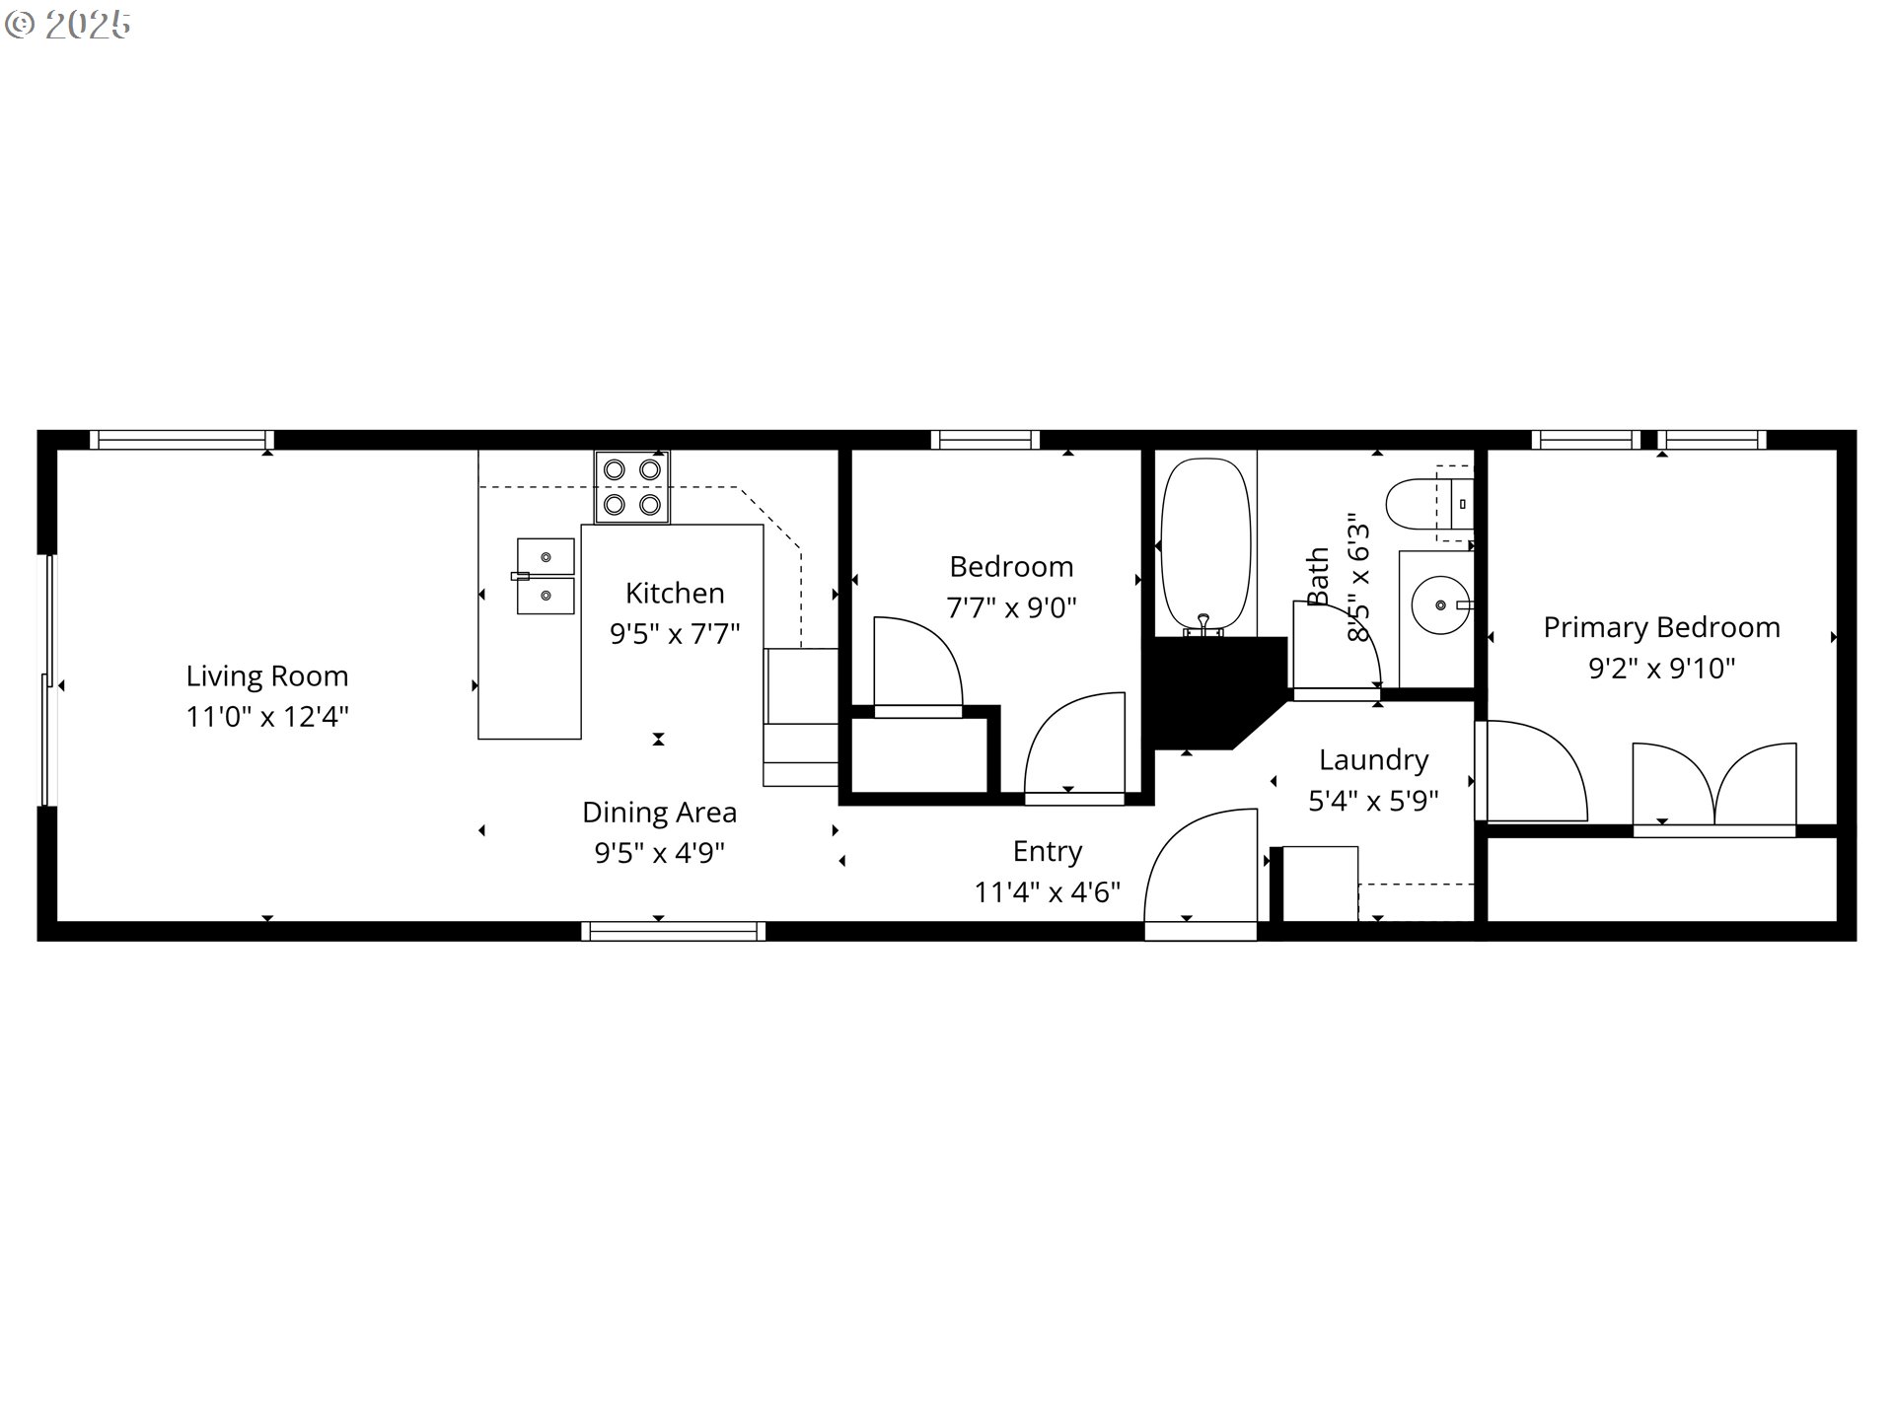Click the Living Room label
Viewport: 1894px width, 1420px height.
[267, 676]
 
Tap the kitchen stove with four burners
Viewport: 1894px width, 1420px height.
[632, 487]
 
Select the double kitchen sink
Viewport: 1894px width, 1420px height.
[545, 576]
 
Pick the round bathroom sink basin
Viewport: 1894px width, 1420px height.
[1440, 604]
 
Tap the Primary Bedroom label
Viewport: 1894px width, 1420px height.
[1661, 628]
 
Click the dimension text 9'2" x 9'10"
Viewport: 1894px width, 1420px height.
[1661, 669]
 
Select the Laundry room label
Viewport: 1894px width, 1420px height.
[1373, 760]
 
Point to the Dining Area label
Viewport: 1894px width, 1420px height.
[659, 813]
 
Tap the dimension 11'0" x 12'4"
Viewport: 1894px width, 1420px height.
[267, 717]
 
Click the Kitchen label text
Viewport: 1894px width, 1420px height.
[675, 594]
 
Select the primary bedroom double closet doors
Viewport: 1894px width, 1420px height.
[1714, 785]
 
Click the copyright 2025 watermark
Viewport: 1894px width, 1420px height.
[68, 25]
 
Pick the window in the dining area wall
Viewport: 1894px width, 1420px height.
[673, 931]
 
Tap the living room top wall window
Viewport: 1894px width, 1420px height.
[182, 440]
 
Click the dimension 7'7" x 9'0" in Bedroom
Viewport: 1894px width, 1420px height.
[1011, 607]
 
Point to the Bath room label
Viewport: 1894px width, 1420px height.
[1318, 577]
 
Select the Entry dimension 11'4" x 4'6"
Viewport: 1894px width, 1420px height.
[1048, 892]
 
